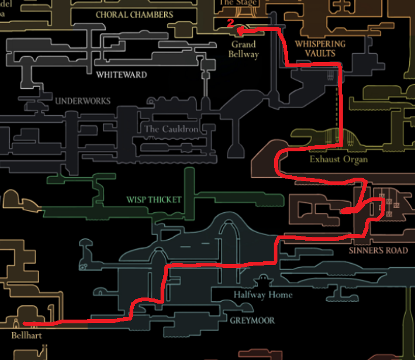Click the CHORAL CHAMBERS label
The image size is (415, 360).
[x=134, y=15]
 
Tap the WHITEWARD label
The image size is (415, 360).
[x=121, y=75]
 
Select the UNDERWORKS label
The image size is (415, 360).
[x=83, y=101]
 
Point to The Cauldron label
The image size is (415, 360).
[x=171, y=129]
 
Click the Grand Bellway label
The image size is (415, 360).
[x=243, y=49]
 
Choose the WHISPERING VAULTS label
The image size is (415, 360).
[x=320, y=48]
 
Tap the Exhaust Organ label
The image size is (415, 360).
[x=338, y=159]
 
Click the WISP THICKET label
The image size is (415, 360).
[x=154, y=200]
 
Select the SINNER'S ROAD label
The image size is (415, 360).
[x=378, y=250]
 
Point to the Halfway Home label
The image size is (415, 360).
[x=263, y=295]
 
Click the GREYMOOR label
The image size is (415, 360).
[x=252, y=321]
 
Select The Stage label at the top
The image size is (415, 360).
[x=238, y=2]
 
